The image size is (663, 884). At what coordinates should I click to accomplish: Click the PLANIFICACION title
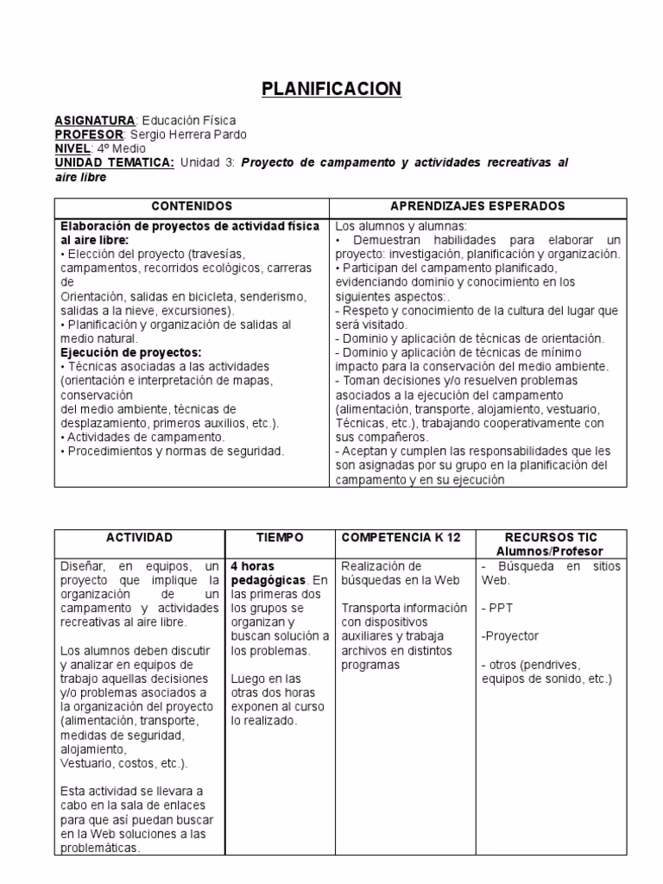(x=331, y=89)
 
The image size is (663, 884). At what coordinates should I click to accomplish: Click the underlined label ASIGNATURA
(x=95, y=121)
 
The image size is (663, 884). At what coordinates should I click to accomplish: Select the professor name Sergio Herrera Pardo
(x=188, y=135)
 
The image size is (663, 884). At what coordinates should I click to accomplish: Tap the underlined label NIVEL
(x=73, y=148)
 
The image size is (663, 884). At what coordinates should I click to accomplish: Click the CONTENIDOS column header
(x=192, y=206)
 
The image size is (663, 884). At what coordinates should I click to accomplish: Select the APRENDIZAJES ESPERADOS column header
(x=477, y=206)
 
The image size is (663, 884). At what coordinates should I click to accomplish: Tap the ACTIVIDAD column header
(x=140, y=537)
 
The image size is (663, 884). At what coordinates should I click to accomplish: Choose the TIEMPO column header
(x=280, y=537)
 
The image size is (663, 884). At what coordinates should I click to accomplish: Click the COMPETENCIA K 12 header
(x=401, y=537)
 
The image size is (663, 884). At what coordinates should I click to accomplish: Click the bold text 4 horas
(x=253, y=566)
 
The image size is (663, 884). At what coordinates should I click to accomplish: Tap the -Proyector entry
(x=509, y=635)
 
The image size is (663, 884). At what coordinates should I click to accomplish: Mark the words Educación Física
(x=188, y=121)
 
